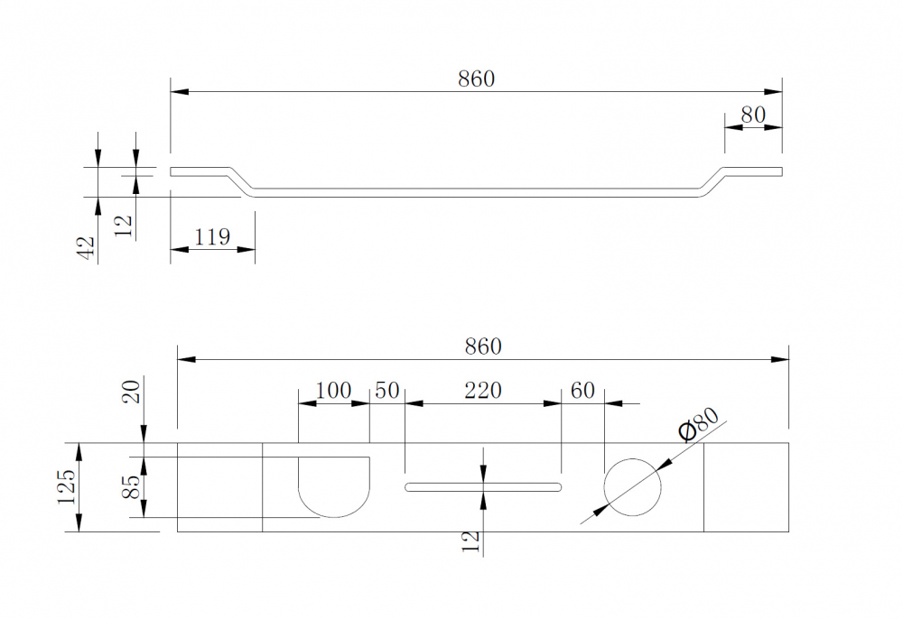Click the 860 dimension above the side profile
tap(476, 79)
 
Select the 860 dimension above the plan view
tap(482, 346)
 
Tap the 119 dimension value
tap(212, 237)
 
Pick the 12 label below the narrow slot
tap(470, 540)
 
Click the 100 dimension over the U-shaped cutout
tap(333, 391)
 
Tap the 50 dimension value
tap(386, 391)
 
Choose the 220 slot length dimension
tap(483, 391)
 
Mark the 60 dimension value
tap(583, 391)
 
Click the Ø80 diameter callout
tap(699, 424)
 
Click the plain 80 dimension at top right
tap(752, 115)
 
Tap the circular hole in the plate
tap(632, 486)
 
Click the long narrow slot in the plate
tap(483, 487)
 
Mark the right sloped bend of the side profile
tap(713, 180)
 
